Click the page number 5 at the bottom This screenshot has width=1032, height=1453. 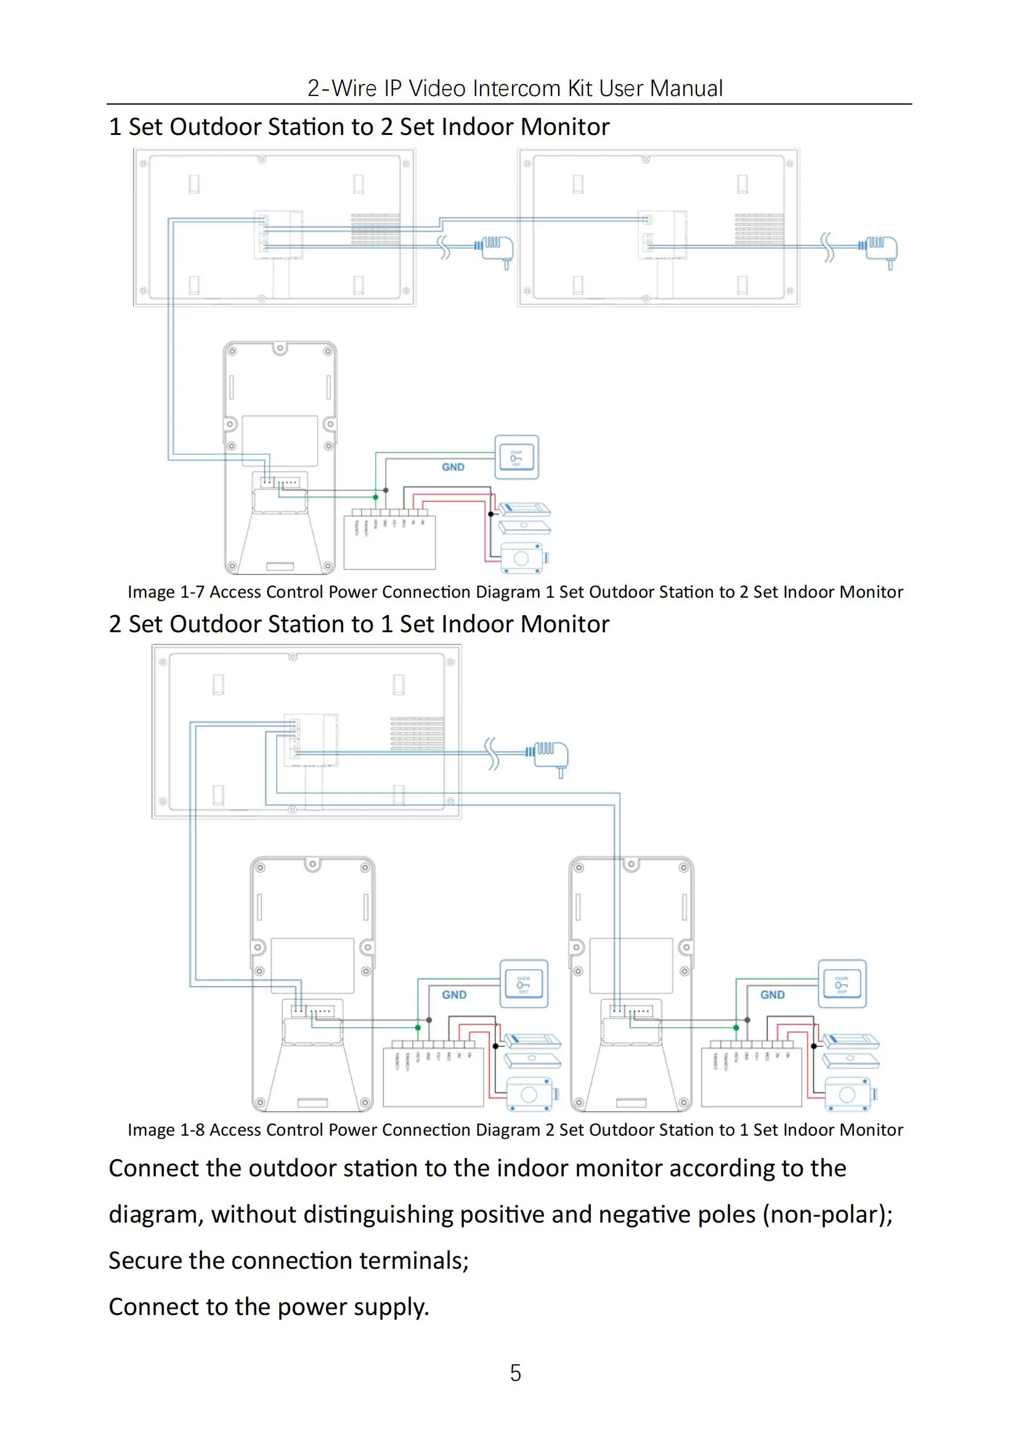pyautogui.click(x=515, y=1372)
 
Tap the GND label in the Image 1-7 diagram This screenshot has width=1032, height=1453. pyautogui.click(x=453, y=467)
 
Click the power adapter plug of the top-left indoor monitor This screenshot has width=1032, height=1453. pyautogui.click(x=497, y=248)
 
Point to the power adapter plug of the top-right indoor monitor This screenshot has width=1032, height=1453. pyautogui.click(x=882, y=248)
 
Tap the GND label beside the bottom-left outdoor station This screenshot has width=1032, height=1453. pyautogui.click(x=453, y=995)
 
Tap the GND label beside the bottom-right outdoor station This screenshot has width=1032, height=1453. pyautogui.click(x=772, y=995)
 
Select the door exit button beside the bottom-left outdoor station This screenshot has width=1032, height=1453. pyautogui.click(x=524, y=984)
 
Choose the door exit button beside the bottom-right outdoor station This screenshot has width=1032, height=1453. pyautogui.click(x=842, y=984)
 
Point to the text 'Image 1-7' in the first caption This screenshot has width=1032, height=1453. pyautogui.click(x=166, y=592)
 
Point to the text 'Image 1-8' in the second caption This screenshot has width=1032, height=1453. pyautogui.click(x=166, y=1130)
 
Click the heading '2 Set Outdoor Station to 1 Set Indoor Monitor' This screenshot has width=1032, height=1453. pyautogui.click(x=359, y=624)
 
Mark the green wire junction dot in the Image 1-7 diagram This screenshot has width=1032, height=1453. pyautogui.click(x=376, y=497)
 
